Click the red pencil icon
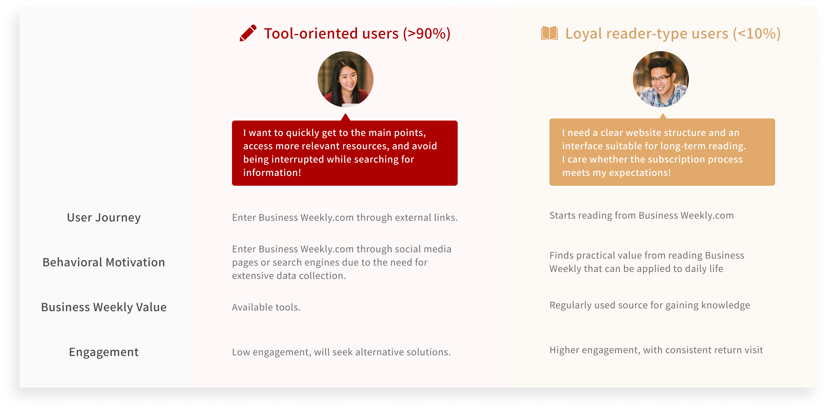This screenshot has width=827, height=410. pos(248,33)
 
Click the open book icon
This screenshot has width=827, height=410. pos(549,33)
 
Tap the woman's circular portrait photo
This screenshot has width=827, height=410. pos(345,79)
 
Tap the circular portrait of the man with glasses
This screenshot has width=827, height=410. pos(661,79)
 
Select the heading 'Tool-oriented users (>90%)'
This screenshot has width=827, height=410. pos(357,34)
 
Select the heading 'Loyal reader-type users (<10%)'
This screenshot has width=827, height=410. pos(673,34)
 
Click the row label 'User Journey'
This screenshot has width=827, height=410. pos(104,218)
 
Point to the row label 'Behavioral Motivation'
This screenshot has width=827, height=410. pos(104,262)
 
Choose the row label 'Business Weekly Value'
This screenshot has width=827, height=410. pos(104,307)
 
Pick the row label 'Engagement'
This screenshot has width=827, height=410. pos(104,352)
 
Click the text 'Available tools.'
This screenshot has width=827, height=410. pos(266,307)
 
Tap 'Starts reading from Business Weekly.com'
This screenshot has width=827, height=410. pos(642,216)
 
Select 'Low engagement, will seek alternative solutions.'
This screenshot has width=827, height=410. pos(341,352)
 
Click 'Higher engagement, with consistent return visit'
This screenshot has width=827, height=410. pos(656,350)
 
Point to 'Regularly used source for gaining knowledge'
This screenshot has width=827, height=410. pos(650,305)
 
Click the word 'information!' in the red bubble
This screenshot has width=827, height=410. pos(272,173)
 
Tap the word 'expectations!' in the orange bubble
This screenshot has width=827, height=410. pos(640,173)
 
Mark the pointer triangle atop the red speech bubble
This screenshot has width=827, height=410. pos(345,117)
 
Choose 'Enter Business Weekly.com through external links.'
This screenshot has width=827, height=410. pos(345,218)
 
